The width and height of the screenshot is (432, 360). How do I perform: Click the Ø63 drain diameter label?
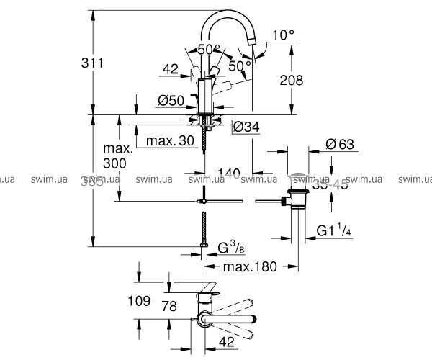(x=338, y=143)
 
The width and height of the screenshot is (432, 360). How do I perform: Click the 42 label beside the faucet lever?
(x=171, y=69)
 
